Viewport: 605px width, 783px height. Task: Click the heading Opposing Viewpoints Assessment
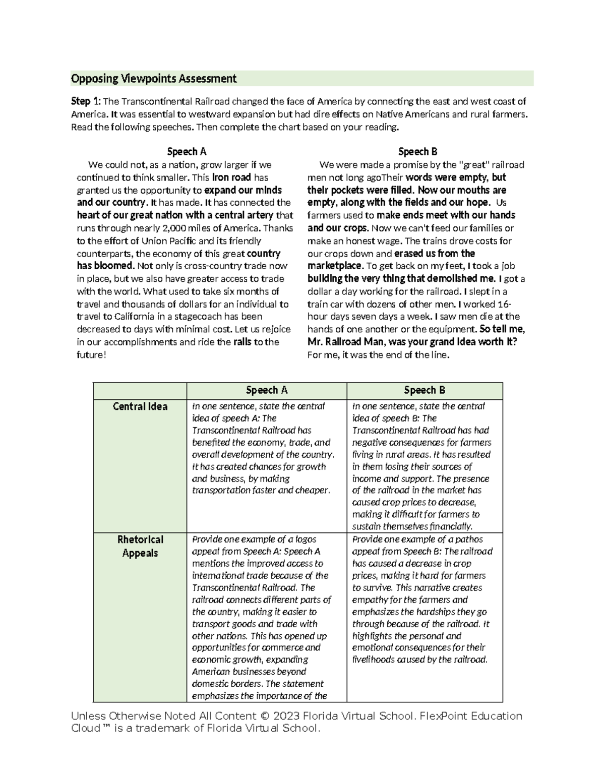coord(153,79)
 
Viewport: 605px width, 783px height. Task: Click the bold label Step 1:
coord(86,101)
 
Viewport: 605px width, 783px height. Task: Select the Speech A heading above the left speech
coord(187,152)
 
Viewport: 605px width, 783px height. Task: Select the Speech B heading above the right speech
coord(417,152)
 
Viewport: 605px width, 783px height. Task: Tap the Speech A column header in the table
coord(266,390)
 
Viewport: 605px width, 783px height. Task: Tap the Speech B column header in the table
coord(425,390)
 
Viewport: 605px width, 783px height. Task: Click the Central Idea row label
coord(140,406)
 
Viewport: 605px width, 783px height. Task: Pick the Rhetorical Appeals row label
coord(140,546)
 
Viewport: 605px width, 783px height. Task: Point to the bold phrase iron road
coord(231,177)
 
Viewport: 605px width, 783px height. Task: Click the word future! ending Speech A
coord(91,354)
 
